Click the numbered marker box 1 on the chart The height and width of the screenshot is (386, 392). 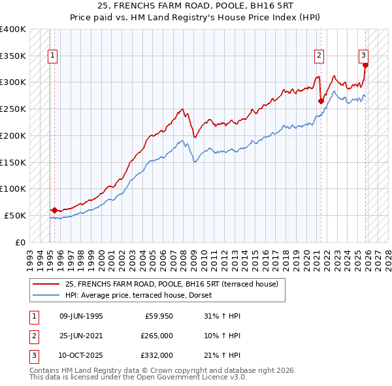point(52,56)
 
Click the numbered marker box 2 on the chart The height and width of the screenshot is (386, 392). point(319,56)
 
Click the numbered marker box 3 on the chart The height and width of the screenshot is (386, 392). point(363,56)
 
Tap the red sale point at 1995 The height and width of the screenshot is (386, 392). point(54,210)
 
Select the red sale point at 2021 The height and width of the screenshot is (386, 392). point(321,101)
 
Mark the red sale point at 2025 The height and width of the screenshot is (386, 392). point(365,65)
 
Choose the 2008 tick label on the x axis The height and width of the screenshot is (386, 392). point(185,256)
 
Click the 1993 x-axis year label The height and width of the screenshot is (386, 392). point(29,256)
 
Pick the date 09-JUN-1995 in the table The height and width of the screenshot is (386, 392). point(81,315)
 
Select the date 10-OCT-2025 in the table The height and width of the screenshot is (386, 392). point(81,355)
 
